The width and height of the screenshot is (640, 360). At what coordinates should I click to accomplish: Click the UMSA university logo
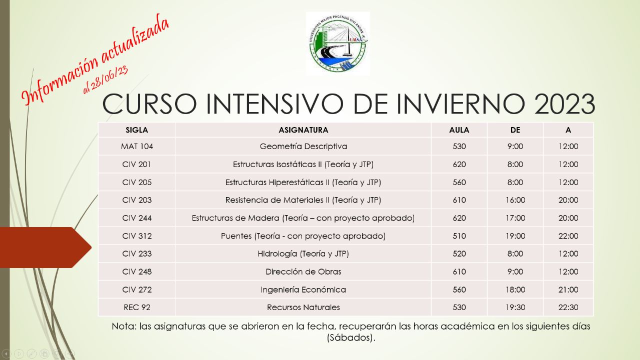(337, 43)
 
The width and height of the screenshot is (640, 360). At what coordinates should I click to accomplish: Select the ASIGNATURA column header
(303, 130)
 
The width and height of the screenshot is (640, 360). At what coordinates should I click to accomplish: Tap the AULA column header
(459, 130)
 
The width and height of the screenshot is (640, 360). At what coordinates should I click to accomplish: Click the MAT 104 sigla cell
(137, 146)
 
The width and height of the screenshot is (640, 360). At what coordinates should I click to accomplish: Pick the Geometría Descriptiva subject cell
(303, 146)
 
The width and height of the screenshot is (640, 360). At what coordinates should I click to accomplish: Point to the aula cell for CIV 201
(459, 164)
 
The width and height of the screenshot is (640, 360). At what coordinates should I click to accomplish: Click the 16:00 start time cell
(515, 200)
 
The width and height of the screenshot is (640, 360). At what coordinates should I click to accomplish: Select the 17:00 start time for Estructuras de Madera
(515, 218)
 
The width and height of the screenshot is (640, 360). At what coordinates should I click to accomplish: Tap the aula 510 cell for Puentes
(459, 236)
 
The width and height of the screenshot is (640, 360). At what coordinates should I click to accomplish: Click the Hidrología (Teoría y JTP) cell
(303, 253)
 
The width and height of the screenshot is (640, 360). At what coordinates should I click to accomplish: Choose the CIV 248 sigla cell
(137, 271)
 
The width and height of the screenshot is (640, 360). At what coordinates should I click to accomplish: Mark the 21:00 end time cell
(568, 289)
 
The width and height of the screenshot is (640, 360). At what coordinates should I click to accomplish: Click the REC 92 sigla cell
(137, 307)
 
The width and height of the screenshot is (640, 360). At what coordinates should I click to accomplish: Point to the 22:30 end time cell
(568, 307)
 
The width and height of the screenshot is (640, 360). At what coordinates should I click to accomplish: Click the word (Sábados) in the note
(351, 337)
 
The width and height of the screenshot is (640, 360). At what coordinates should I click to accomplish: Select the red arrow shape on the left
(45, 247)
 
